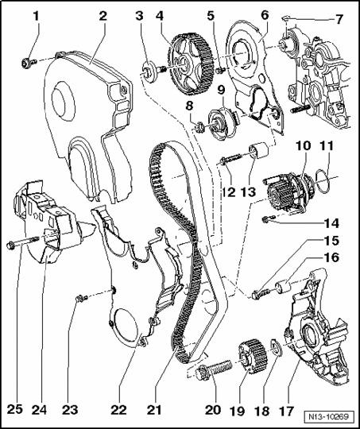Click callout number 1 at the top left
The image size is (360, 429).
coord(36,16)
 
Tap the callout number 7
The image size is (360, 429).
coord(339,19)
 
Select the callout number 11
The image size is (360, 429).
coord(327,145)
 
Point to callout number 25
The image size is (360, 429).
coord(14,410)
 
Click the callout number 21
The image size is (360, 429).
coord(154,410)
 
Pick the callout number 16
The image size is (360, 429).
coord(331,257)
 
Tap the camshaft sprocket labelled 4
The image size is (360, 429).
coord(191,64)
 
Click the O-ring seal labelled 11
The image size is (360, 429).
coord(322,181)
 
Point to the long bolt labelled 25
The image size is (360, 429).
coord(23,242)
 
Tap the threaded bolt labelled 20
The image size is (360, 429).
coord(215,370)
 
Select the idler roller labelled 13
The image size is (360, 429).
coord(259,150)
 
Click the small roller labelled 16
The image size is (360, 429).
coord(284,287)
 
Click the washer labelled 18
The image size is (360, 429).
coord(276,347)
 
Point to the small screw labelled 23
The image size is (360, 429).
coord(81,299)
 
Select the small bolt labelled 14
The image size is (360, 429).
coord(269,218)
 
